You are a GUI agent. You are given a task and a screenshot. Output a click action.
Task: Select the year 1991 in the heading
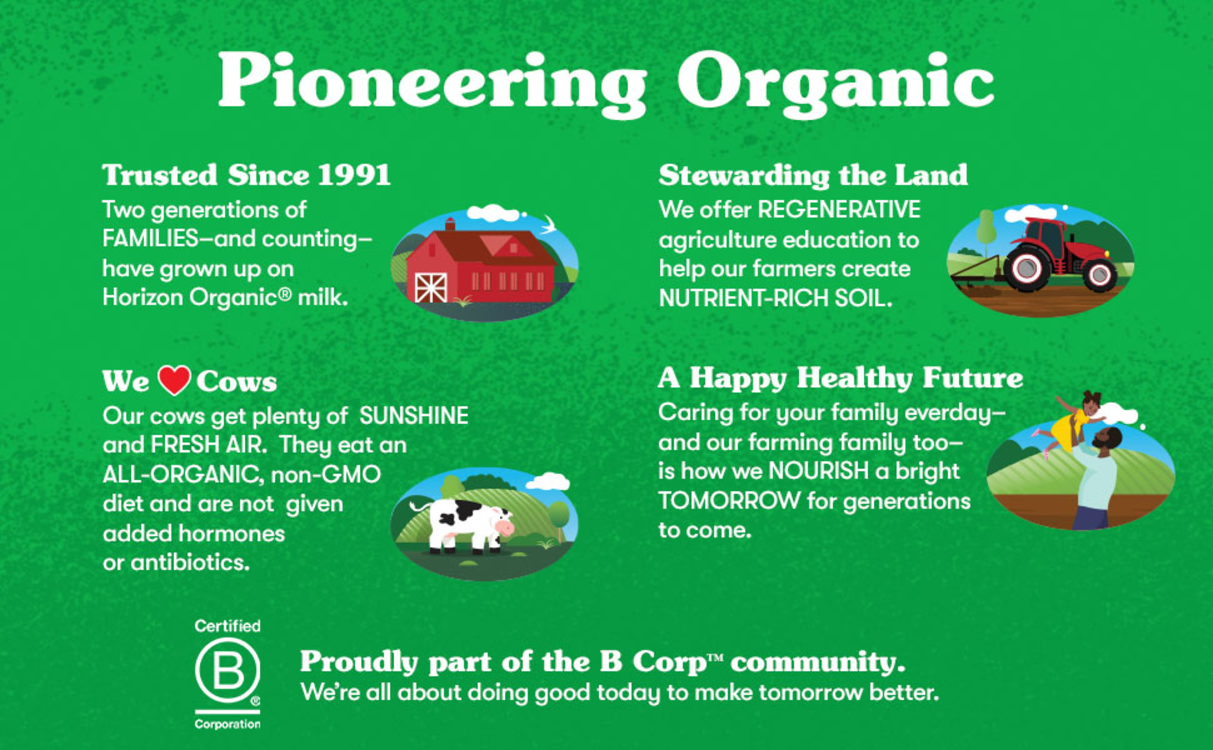click(x=354, y=175)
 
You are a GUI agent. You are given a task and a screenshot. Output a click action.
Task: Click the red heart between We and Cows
click(x=174, y=380)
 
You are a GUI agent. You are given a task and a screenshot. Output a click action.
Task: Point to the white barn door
click(x=431, y=287)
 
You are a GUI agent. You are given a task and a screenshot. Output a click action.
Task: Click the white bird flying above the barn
click(x=550, y=223)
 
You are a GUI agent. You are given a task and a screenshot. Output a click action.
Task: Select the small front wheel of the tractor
click(x=1099, y=274)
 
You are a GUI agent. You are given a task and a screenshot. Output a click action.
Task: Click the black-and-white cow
click(x=463, y=525)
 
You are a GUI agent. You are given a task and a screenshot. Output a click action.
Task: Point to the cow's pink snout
click(x=505, y=529)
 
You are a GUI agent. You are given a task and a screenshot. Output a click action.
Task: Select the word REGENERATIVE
click(x=839, y=210)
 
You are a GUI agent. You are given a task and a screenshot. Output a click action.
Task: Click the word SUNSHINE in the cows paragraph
click(x=414, y=416)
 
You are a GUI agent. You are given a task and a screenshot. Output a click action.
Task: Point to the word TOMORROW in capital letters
click(x=729, y=501)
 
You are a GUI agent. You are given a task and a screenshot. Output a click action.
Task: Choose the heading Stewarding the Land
click(x=813, y=175)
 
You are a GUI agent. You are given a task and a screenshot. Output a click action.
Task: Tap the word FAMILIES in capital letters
click(x=151, y=239)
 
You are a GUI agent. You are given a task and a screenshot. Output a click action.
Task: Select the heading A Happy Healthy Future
click(x=840, y=379)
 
